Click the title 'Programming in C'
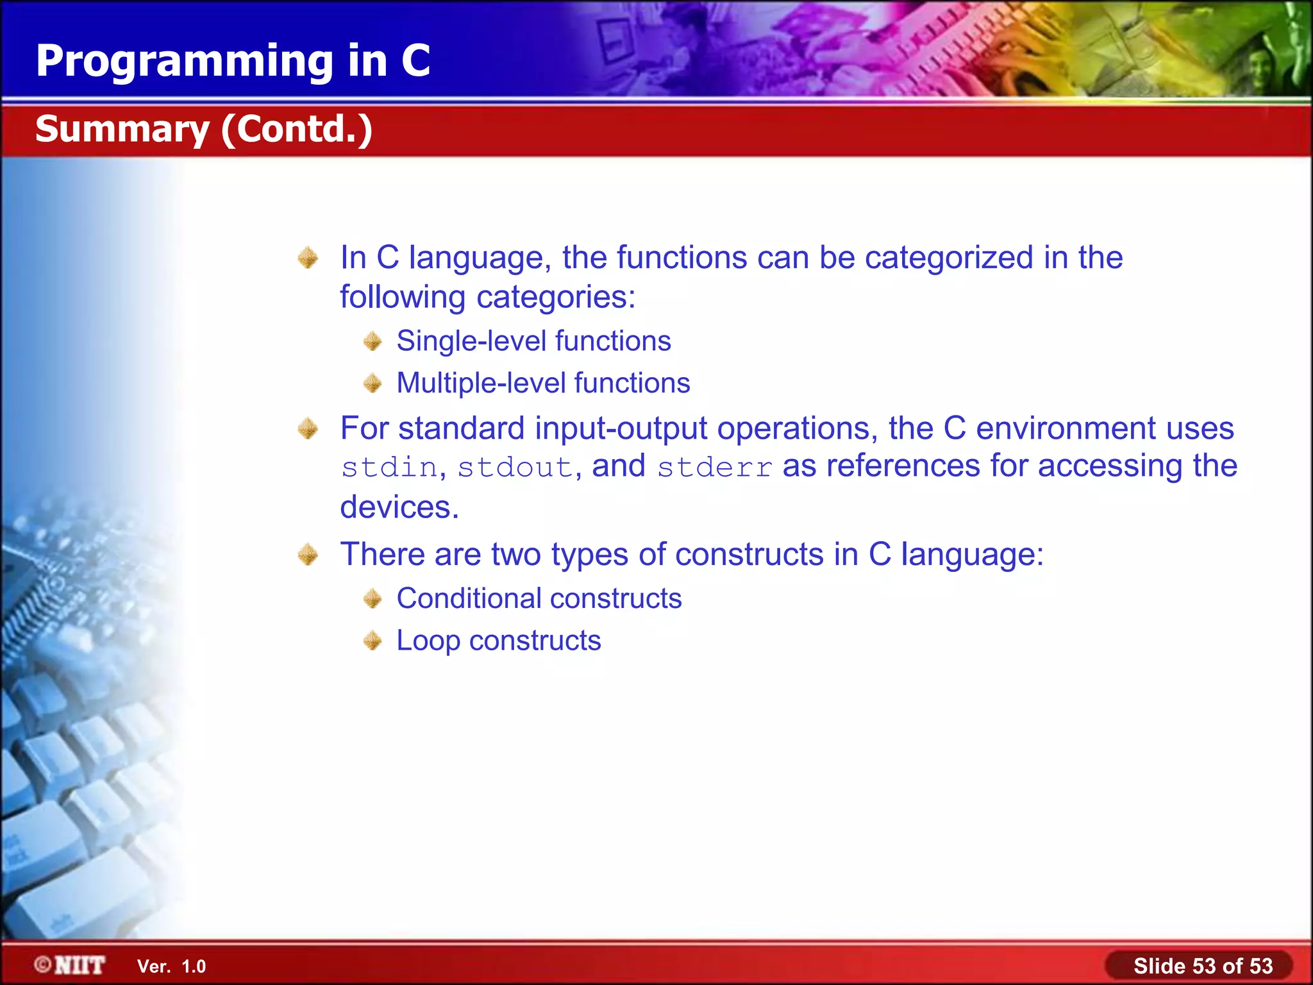point(233,61)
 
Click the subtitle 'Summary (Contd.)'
point(203,129)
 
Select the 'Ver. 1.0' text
point(171,966)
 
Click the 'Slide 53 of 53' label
point(1203,966)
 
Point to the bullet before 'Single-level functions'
point(372,341)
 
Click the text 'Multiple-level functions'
point(543,383)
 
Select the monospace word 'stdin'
point(389,467)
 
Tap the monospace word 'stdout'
point(515,467)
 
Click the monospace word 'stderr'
point(715,467)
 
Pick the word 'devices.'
point(399,507)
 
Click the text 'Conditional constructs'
point(539,598)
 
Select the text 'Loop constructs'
point(498,641)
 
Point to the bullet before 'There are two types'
point(308,555)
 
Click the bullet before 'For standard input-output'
point(308,428)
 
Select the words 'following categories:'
point(487,297)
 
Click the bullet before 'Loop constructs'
point(372,641)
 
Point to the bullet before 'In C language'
point(308,258)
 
